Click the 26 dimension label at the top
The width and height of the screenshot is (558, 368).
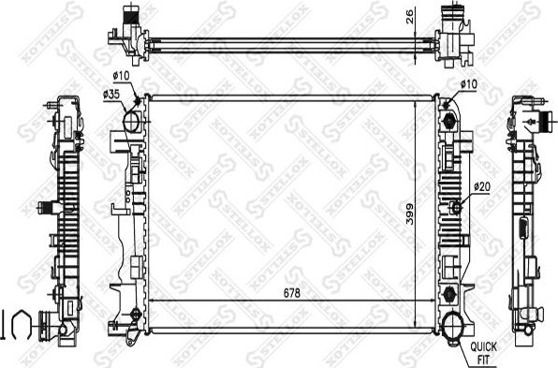click(x=410, y=17)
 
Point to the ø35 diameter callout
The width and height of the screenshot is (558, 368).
click(x=110, y=95)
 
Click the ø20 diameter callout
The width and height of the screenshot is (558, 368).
click(x=482, y=186)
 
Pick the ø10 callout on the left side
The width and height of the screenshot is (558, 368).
click(x=121, y=75)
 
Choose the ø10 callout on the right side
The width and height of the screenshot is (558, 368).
click(x=469, y=85)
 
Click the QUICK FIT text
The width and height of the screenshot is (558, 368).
click(x=485, y=351)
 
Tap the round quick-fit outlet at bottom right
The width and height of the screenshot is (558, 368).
click(x=455, y=327)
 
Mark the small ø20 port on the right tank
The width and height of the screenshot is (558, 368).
click(x=456, y=207)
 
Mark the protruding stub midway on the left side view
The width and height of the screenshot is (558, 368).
click(x=42, y=207)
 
